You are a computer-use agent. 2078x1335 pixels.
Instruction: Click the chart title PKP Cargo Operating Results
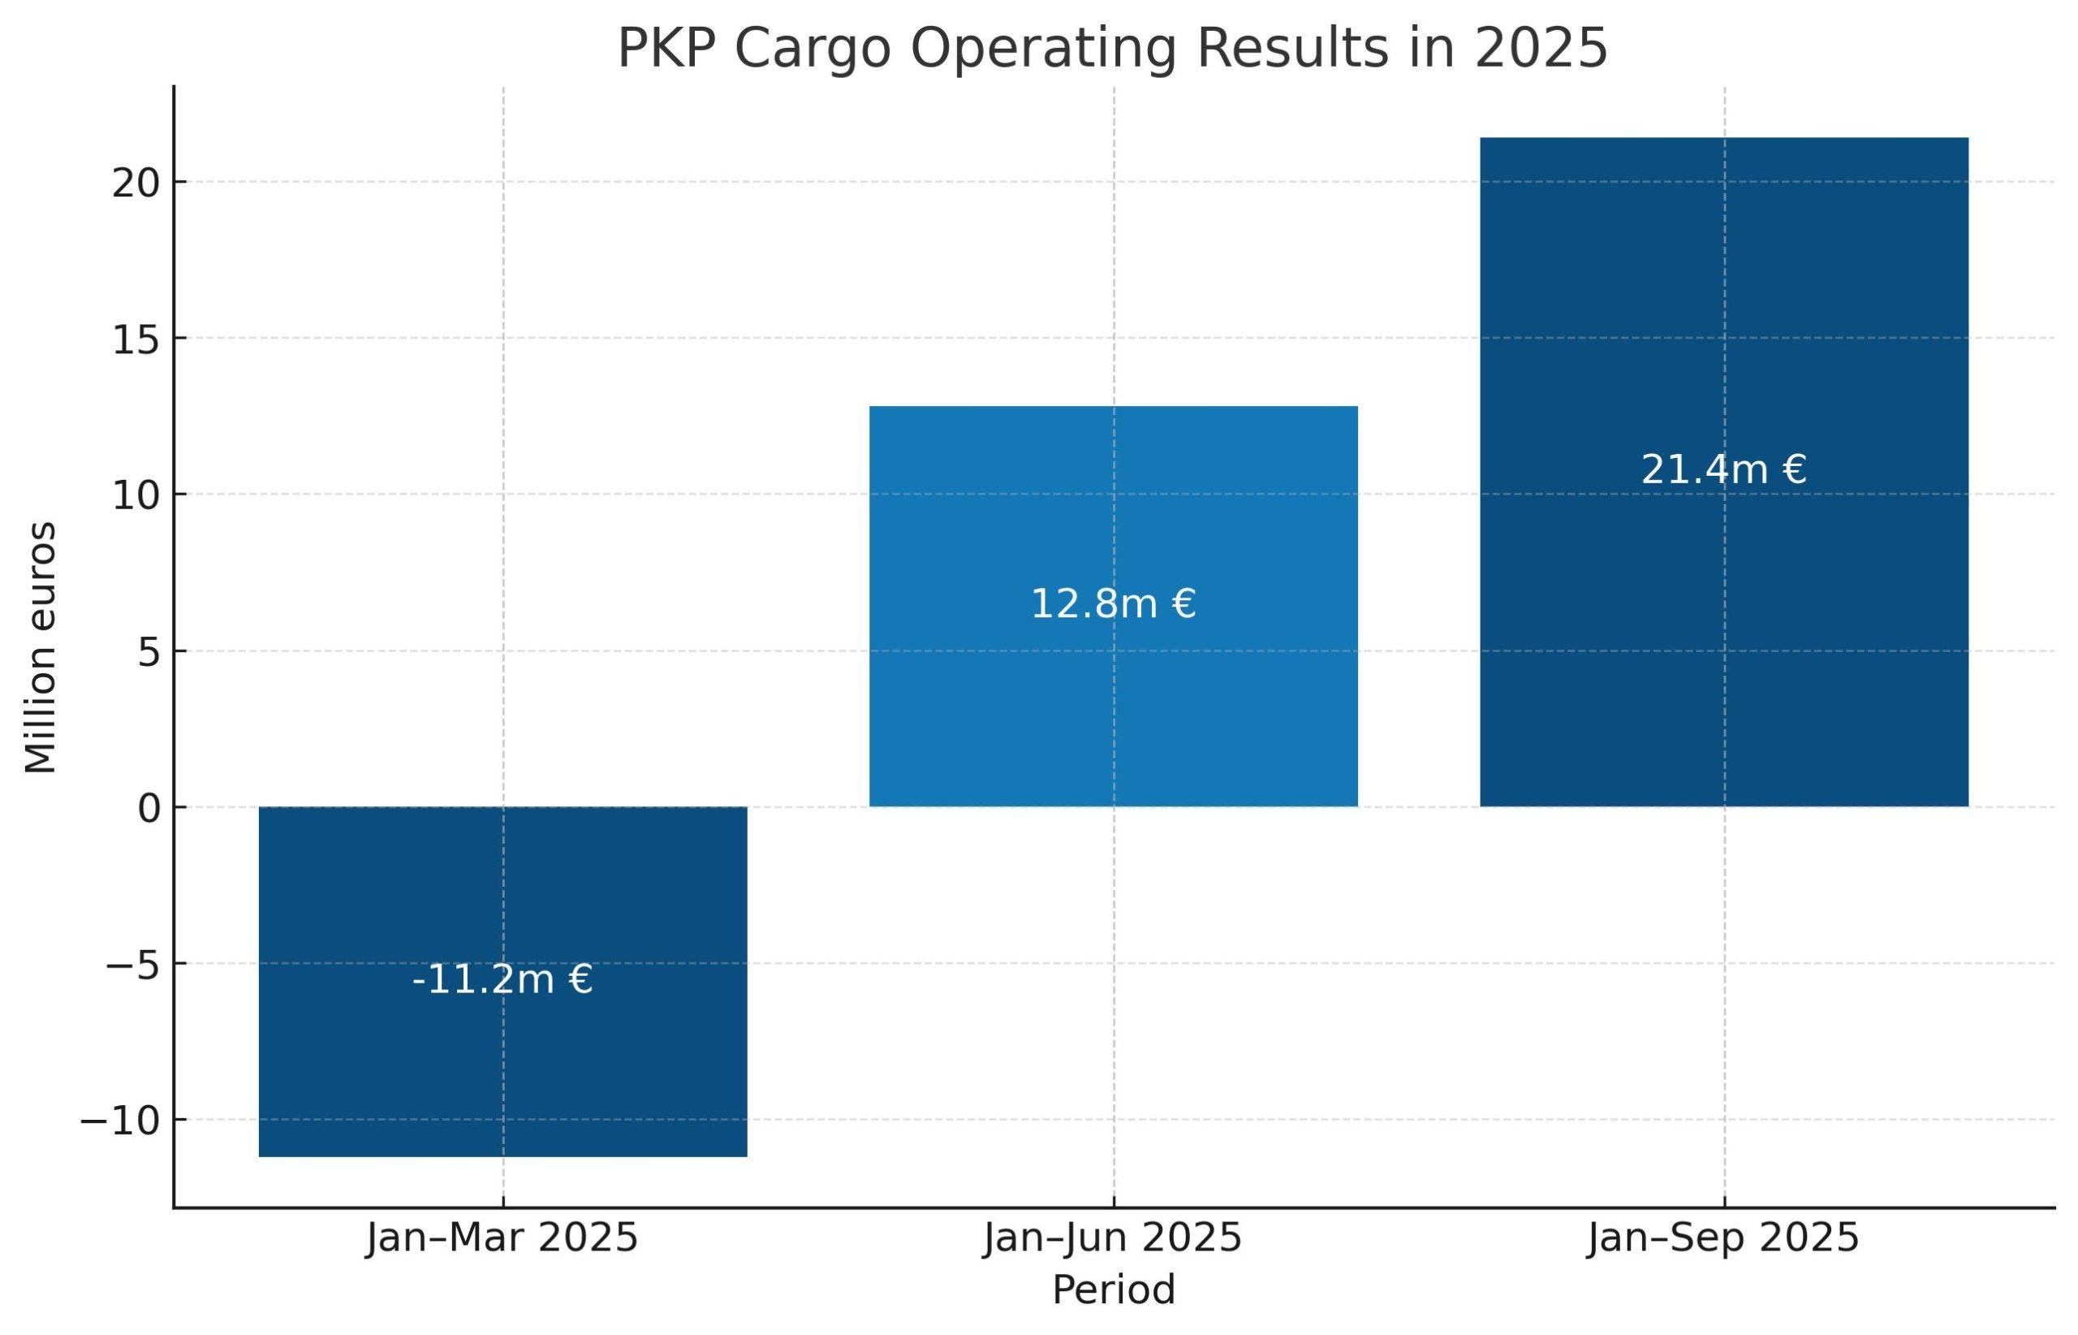pyautogui.click(x=1112, y=49)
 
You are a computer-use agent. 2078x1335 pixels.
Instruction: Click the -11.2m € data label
pyautogui.click(x=502, y=980)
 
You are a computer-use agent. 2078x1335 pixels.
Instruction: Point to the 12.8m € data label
pyautogui.click(x=1113, y=604)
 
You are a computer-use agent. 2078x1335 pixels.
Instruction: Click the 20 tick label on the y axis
pyautogui.click(x=136, y=184)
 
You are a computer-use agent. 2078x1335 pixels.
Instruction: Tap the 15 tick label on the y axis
pyautogui.click(x=136, y=339)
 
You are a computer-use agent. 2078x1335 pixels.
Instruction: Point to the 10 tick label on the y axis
pyautogui.click(x=136, y=497)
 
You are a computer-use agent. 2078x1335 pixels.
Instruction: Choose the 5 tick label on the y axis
pyautogui.click(x=149, y=653)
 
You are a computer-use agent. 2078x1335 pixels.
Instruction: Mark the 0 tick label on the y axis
pyautogui.click(x=149, y=809)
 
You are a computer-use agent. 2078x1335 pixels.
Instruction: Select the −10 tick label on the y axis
pyautogui.click(x=120, y=1121)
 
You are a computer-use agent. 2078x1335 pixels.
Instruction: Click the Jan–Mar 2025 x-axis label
pyautogui.click(x=502, y=1238)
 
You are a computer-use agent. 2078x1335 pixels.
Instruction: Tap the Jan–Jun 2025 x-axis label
pyautogui.click(x=1113, y=1238)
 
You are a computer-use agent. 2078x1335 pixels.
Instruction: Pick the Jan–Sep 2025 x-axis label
pyautogui.click(x=1723, y=1238)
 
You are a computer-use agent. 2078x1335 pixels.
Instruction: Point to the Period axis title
pyautogui.click(x=1114, y=1290)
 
